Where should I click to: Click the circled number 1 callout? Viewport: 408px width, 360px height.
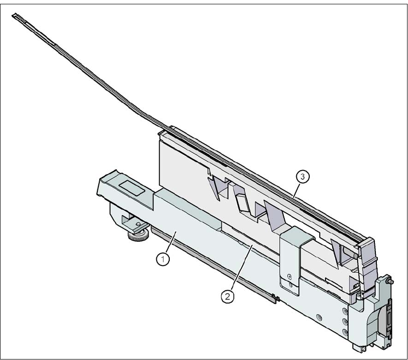[164, 259]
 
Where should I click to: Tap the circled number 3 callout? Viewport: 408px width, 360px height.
[302, 177]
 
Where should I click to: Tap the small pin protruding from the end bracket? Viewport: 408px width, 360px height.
[391, 281]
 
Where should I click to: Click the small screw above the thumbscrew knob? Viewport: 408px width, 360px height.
[138, 223]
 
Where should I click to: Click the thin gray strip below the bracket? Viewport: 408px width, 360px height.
[211, 264]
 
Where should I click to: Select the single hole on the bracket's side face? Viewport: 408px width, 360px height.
[319, 316]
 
